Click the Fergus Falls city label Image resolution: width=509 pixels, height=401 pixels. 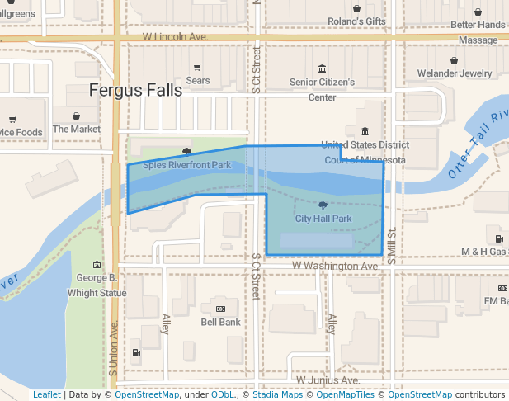point(135,90)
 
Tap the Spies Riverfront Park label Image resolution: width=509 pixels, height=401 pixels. point(186,165)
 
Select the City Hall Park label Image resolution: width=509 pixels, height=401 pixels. point(323,219)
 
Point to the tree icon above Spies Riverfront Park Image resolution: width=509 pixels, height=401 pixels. point(187,152)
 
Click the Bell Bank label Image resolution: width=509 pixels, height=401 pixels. point(220,322)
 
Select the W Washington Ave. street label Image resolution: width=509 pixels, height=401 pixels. point(334,267)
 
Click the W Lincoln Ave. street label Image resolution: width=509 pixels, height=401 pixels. point(174,38)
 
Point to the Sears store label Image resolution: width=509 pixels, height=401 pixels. point(198,81)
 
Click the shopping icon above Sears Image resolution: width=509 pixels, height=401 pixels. point(197,68)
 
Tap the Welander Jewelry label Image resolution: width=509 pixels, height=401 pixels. point(455,73)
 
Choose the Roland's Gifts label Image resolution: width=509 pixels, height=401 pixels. point(356,21)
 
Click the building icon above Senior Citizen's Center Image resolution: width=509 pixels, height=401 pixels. point(322,68)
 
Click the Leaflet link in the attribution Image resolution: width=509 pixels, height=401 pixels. point(46,394)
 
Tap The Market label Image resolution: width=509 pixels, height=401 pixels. point(76,129)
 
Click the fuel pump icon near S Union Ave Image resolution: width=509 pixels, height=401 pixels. point(135,353)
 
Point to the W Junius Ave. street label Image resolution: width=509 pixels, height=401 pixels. point(328,380)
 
